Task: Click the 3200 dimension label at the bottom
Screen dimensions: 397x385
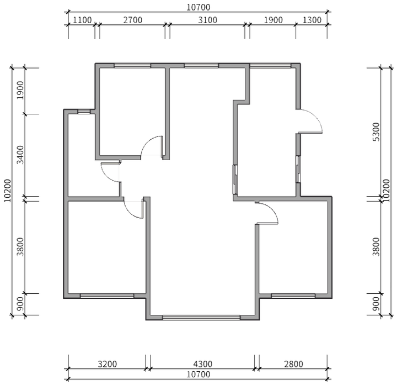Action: click(x=106, y=364)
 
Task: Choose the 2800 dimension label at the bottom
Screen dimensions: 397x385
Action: click(x=293, y=364)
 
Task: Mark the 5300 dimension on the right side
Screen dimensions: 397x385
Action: click(x=377, y=133)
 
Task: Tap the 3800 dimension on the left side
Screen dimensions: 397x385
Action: click(x=20, y=246)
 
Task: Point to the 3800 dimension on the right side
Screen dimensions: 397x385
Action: click(x=377, y=246)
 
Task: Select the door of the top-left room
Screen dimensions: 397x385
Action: click(x=152, y=147)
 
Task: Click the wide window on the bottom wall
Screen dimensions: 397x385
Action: click(x=201, y=317)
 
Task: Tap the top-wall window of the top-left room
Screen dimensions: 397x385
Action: click(x=132, y=66)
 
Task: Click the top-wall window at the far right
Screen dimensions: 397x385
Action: click(x=271, y=66)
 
